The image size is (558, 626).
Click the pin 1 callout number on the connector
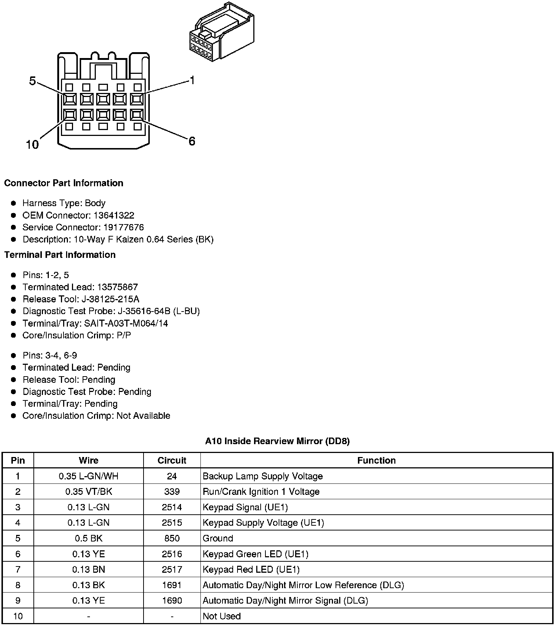tap(192, 80)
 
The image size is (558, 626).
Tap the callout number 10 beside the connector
tap(32, 144)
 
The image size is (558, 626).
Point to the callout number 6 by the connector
tap(192, 141)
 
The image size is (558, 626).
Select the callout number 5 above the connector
tap(32, 81)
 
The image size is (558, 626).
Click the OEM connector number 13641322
tap(114, 215)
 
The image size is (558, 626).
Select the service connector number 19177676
tap(122, 227)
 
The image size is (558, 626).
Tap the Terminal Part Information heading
tap(60, 255)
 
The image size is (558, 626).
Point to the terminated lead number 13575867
tap(117, 287)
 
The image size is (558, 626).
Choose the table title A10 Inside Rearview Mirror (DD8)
tap(277, 441)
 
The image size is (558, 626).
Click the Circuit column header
tap(172, 460)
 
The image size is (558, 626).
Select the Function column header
tap(376, 460)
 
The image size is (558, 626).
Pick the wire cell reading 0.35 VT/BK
tap(88, 492)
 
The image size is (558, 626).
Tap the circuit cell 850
tap(172, 538)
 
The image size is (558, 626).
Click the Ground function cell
tap(218, 538)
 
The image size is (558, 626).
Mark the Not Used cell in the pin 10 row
tap(221, 616)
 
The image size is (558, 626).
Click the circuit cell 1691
tap(172, 585)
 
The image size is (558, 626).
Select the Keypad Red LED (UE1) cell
tap(251, 569)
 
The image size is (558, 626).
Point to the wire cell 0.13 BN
tap(88, 569)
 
